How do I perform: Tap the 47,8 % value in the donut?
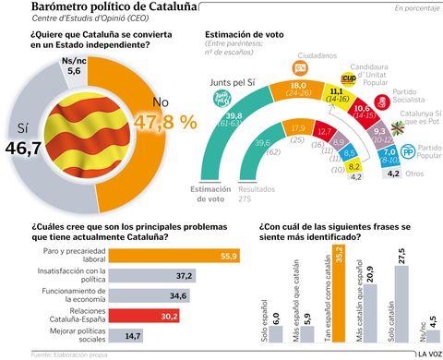click(x=165, y=122)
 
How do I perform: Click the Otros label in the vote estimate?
click(x=415, y=174)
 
